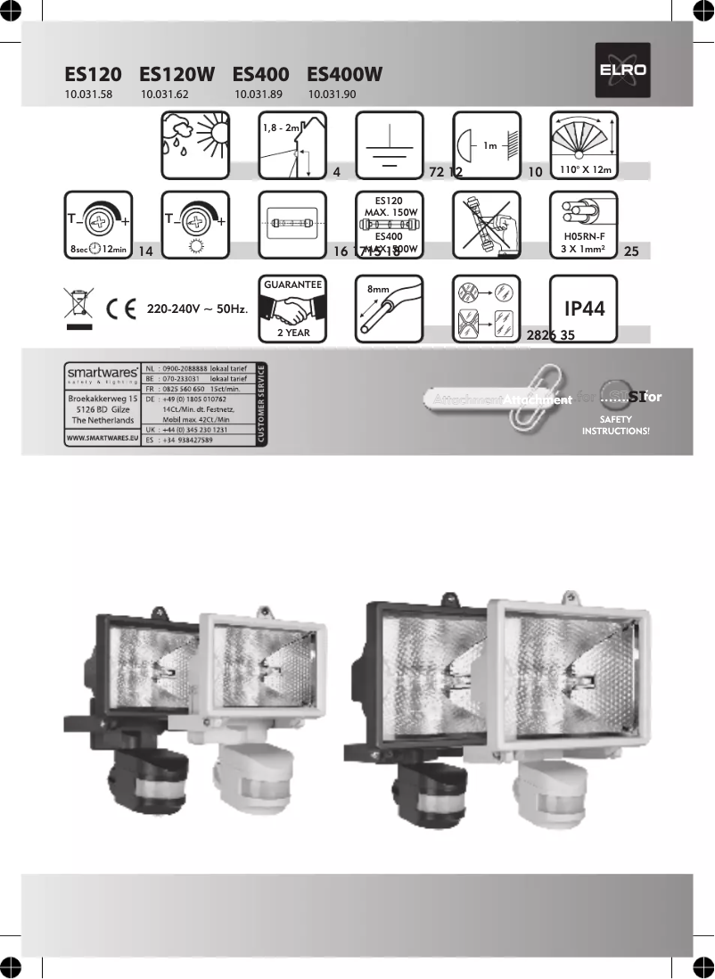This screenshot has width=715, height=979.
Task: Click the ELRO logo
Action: click(623, 70)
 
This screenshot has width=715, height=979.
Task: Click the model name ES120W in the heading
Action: click(177, 75)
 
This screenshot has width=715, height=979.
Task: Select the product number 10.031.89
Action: click(259, 93)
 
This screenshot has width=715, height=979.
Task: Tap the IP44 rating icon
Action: click(584, 309)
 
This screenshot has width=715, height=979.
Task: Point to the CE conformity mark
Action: click(119, 309)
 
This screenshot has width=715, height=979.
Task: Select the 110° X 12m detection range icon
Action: click(584, 145)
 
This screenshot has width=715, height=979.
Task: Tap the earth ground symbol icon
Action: click(389, 145)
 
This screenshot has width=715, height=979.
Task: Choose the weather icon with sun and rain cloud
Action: click(193, 145)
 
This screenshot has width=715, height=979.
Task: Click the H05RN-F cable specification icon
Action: click(584, 226)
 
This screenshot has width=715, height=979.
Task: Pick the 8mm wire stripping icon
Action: click(389, 309)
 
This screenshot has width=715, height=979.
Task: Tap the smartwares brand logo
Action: click(102, 371)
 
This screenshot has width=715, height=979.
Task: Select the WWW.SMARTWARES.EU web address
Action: click(102, 440)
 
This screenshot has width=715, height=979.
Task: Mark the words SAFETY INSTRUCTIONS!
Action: click(615, 425)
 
